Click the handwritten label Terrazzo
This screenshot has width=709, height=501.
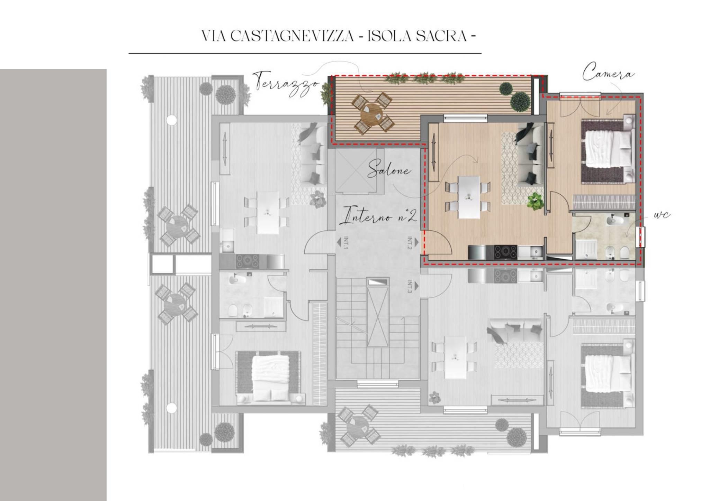pos(286,81)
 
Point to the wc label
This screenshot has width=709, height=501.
pos(662,215)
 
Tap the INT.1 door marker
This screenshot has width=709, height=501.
pos(345,243)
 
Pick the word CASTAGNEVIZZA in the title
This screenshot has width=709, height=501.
pos(292,36)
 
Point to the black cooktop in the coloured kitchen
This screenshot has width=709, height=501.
pos(506,251)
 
